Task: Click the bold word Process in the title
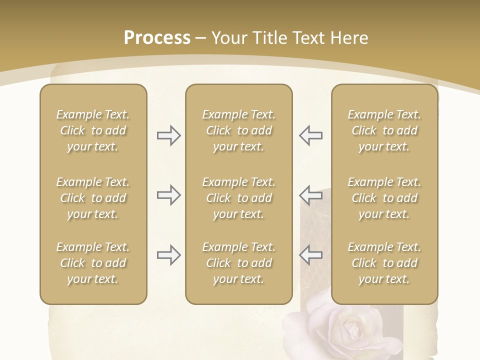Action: point(157,38)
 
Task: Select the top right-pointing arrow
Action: point(168,135)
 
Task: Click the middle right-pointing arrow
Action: point(168,195)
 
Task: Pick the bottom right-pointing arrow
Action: point(168,255)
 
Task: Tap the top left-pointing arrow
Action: point(311,135)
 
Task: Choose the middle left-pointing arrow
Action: point(311,195)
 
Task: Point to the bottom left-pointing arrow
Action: point(311,255)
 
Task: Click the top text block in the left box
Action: point(93,130)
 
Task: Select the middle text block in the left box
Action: point(93,198)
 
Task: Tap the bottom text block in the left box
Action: point(93,263)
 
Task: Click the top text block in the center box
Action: point(239,130)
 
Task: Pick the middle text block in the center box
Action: point(239,198)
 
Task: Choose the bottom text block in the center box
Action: point(239,263)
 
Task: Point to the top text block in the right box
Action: point(384,130)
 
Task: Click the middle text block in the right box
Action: point(384,198)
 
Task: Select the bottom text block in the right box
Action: point(384,263)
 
